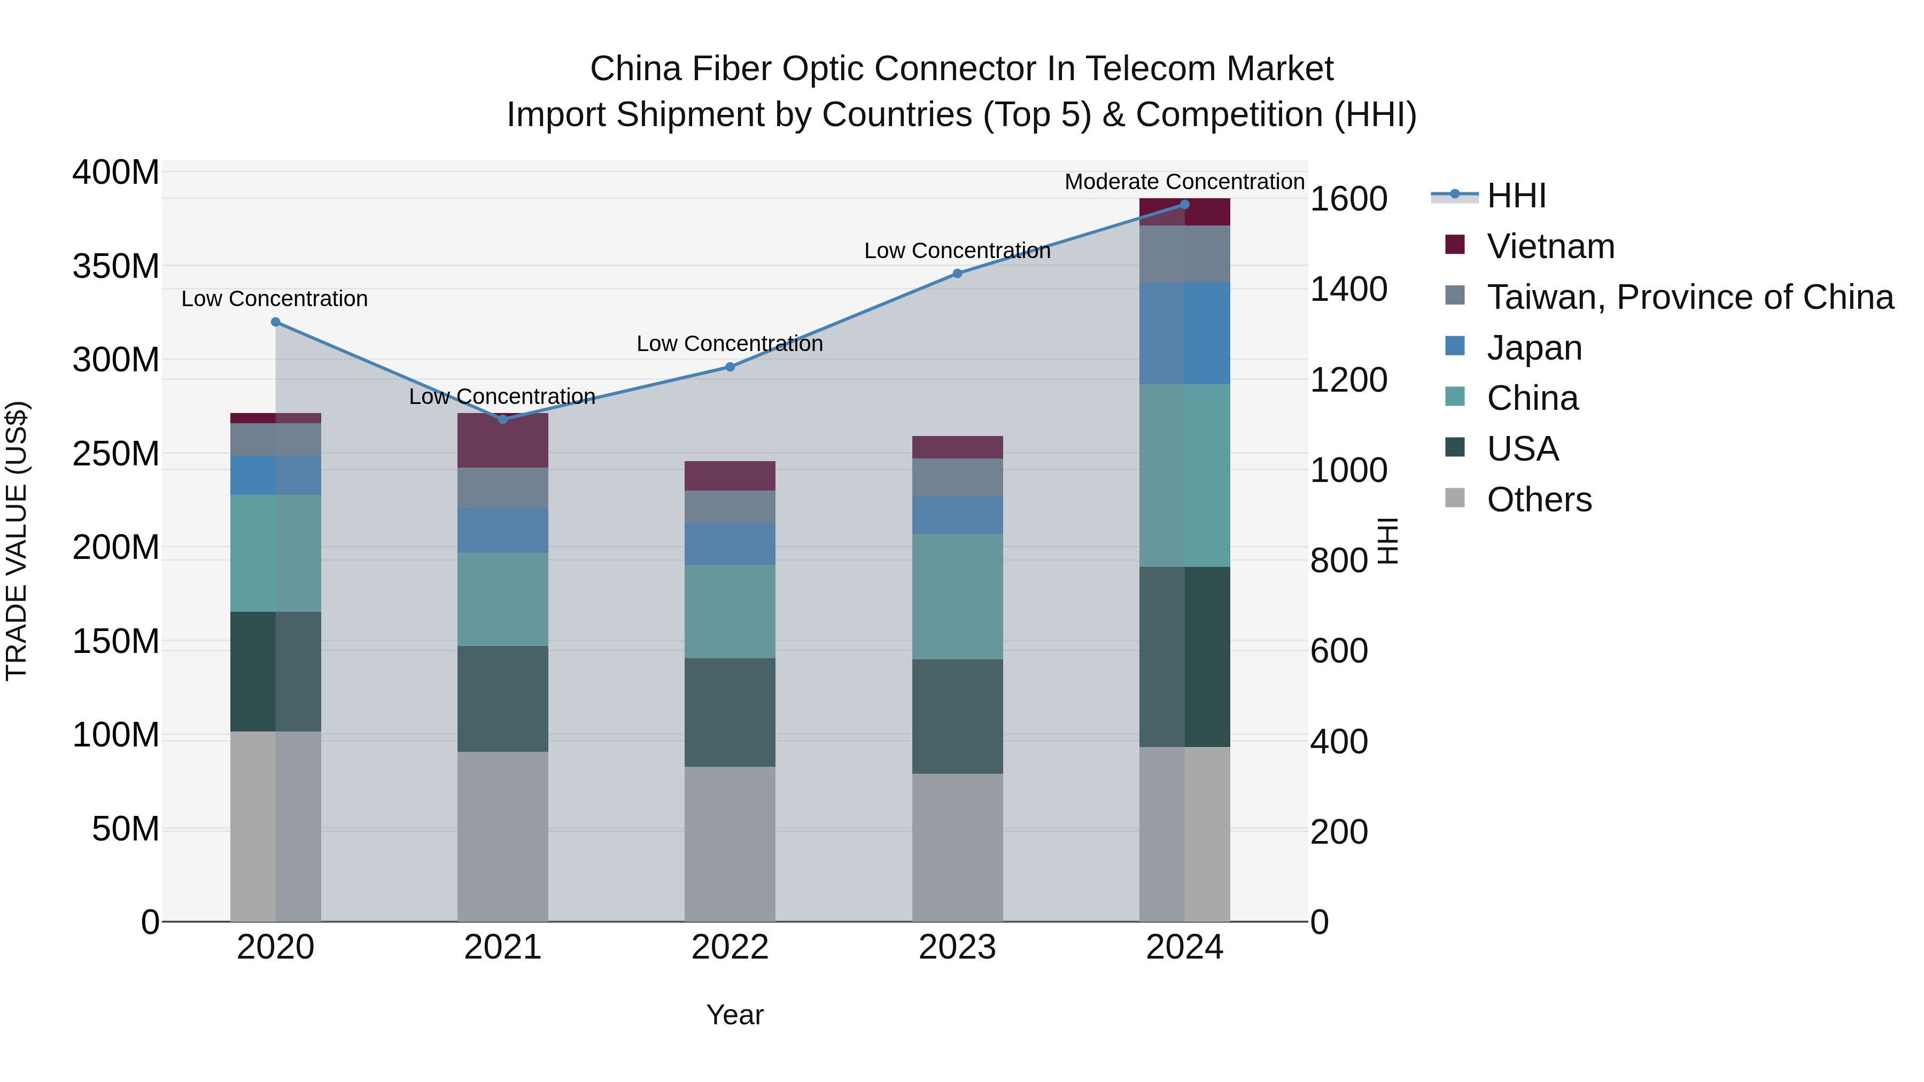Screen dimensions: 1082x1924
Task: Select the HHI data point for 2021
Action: [x=503, y=419]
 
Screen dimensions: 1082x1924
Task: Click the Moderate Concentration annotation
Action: [x=1184, y=182]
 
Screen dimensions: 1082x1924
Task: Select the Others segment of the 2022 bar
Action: [x=730, y=844]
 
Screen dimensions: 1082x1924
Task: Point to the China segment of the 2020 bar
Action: [x=276, y=554]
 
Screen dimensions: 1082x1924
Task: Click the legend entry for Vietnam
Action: [x=1550, y=246]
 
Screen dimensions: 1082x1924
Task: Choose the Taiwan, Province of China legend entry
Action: [x=1689, y=297]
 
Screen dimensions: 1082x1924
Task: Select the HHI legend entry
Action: [x=1516, y=196]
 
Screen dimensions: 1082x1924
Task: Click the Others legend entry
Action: [x=1539, y=500]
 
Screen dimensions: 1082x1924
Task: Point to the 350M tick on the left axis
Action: [x=116, y=267]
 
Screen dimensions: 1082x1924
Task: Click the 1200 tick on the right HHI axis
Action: [x=1349, y=380]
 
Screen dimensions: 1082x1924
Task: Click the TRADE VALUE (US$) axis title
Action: [x=17, y=541]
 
